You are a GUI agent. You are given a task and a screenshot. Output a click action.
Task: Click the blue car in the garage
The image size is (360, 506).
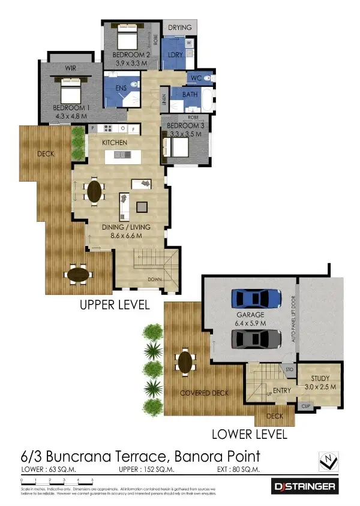click(x=256, y=299)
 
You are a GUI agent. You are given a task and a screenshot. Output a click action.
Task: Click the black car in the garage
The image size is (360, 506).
click(x=256, y=339)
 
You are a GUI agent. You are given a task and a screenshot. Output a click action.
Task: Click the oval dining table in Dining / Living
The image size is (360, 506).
click(x=95, y=192)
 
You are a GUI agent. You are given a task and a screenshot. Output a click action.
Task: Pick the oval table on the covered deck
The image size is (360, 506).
click(x=185, y=362)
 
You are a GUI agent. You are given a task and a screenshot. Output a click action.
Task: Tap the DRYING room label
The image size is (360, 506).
click(x=179, y=28)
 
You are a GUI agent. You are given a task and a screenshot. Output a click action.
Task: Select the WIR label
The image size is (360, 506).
click(x=70, y=68)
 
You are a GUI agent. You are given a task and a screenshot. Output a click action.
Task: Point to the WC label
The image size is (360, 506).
click(x=196, y=79)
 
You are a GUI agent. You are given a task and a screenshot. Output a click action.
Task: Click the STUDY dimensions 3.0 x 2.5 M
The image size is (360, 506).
click(x=319, y=387)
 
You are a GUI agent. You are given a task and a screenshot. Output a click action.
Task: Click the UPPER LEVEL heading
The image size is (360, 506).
click(x=115, y=305)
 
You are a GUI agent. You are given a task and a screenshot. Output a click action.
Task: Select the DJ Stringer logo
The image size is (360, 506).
click(x=305, y=485)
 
